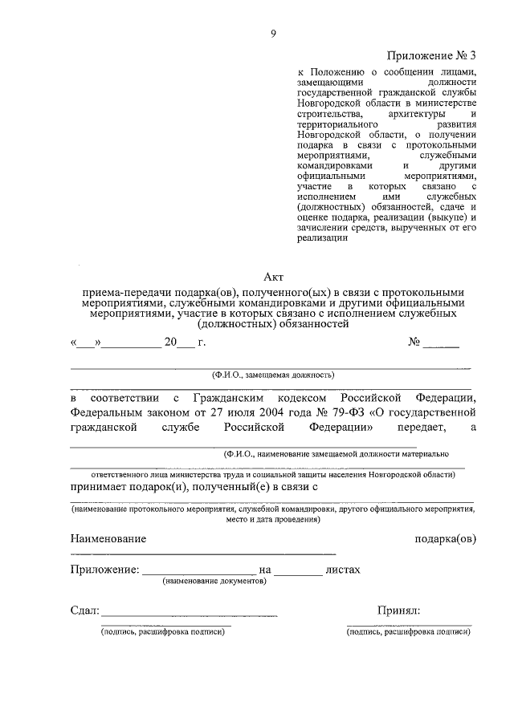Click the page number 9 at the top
tap(273, 33)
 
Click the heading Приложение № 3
tap(432, 55)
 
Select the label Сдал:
tap(84, 610)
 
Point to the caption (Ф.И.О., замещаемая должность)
tap(272, 374)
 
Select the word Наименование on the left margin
tap(108, 539)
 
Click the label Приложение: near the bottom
tap(104, 570)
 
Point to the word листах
tap(343, 570)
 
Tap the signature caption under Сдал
tap(163, 631)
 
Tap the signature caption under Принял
tap(409, 631)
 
